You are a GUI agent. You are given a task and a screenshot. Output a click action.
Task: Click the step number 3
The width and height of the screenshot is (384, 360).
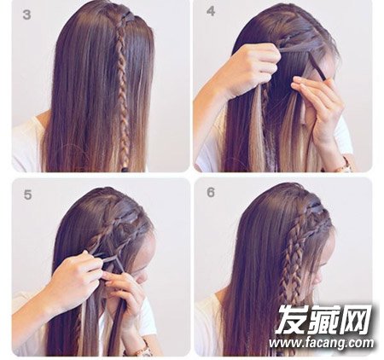point(26,15)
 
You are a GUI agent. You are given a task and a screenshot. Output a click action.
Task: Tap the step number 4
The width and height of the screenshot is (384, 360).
point(211,11)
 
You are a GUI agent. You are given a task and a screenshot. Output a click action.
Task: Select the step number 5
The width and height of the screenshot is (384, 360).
point(27,195)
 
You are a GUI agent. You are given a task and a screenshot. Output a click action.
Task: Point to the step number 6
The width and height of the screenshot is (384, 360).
point(211,193)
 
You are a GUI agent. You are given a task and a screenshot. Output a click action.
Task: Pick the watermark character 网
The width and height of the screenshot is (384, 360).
point(356,320)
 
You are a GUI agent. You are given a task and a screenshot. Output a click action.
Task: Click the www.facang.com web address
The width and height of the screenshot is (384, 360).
point(321,344)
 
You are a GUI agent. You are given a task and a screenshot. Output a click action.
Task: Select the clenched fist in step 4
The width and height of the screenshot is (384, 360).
point(253,68)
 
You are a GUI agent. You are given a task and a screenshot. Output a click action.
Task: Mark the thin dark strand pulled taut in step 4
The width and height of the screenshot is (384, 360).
point(317,67)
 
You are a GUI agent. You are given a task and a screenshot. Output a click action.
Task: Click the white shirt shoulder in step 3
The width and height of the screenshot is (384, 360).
point(27,142)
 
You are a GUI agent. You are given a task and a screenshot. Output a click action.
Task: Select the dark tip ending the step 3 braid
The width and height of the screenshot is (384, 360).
point(125,169)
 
